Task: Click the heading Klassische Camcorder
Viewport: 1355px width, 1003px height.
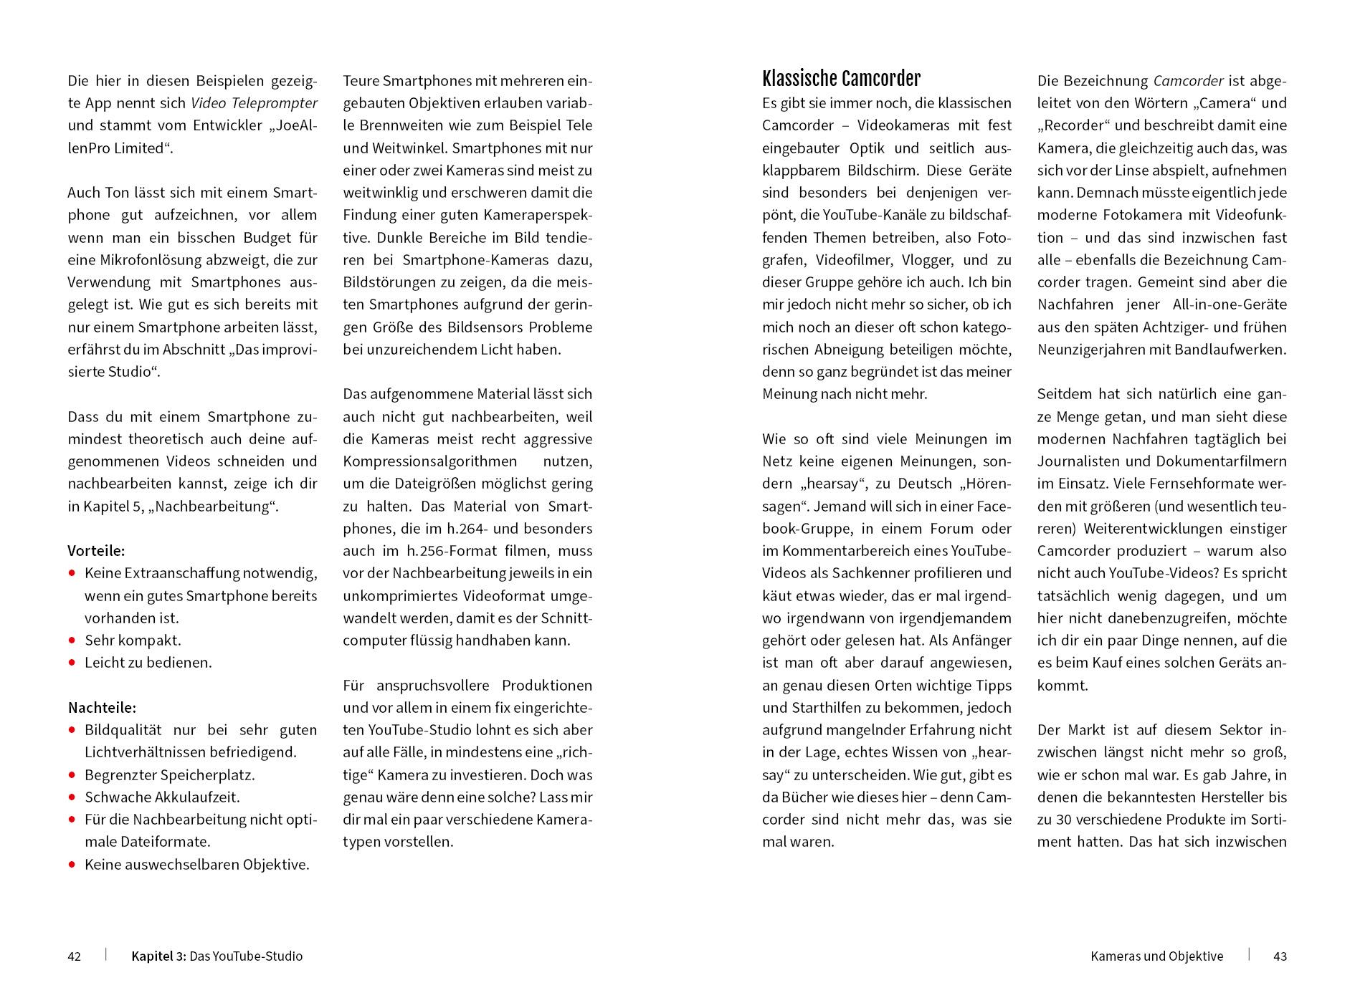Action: point(841,79)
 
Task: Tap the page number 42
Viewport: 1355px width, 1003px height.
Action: point(75,956)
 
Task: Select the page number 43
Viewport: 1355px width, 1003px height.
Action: point(1280,956)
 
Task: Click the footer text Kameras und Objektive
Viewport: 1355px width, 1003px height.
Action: point(1156,956)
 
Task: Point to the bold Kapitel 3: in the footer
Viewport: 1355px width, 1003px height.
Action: point(158,956)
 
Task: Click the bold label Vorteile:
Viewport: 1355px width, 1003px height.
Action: point(96,551)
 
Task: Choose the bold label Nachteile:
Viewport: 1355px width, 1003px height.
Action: point(102,708)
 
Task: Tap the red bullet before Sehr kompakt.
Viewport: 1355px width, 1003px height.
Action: point(72,640)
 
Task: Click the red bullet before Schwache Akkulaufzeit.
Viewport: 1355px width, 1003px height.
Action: point(72,797)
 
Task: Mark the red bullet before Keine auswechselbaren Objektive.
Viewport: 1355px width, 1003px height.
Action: point(72,865)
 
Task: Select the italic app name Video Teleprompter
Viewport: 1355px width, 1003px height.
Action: point(254,103)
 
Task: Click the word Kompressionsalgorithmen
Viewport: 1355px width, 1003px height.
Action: point(430,461)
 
